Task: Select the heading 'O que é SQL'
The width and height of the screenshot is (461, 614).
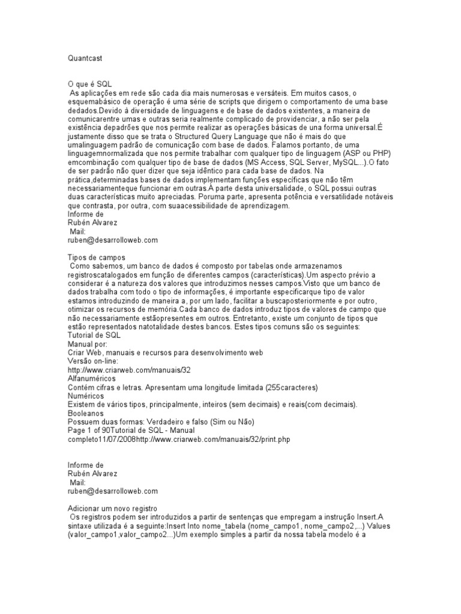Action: coord(91,84)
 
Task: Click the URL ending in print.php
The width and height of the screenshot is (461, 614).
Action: coord(222,440)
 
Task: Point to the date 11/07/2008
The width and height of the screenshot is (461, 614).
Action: coord(133,440)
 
